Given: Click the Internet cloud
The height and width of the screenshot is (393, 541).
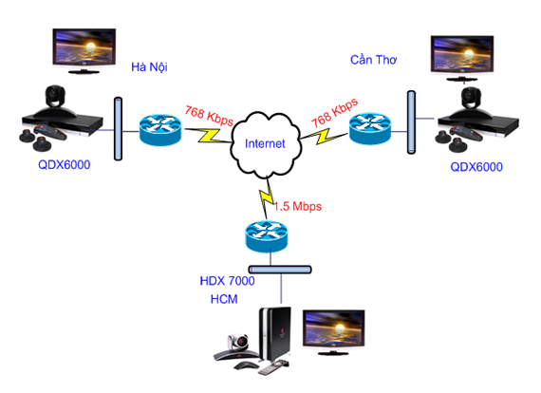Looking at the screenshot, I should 265,143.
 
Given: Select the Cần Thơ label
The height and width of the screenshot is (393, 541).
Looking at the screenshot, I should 373,59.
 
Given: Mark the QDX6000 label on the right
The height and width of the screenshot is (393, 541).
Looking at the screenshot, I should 476,166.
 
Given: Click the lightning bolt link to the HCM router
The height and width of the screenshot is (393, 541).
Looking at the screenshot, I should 265,199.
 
